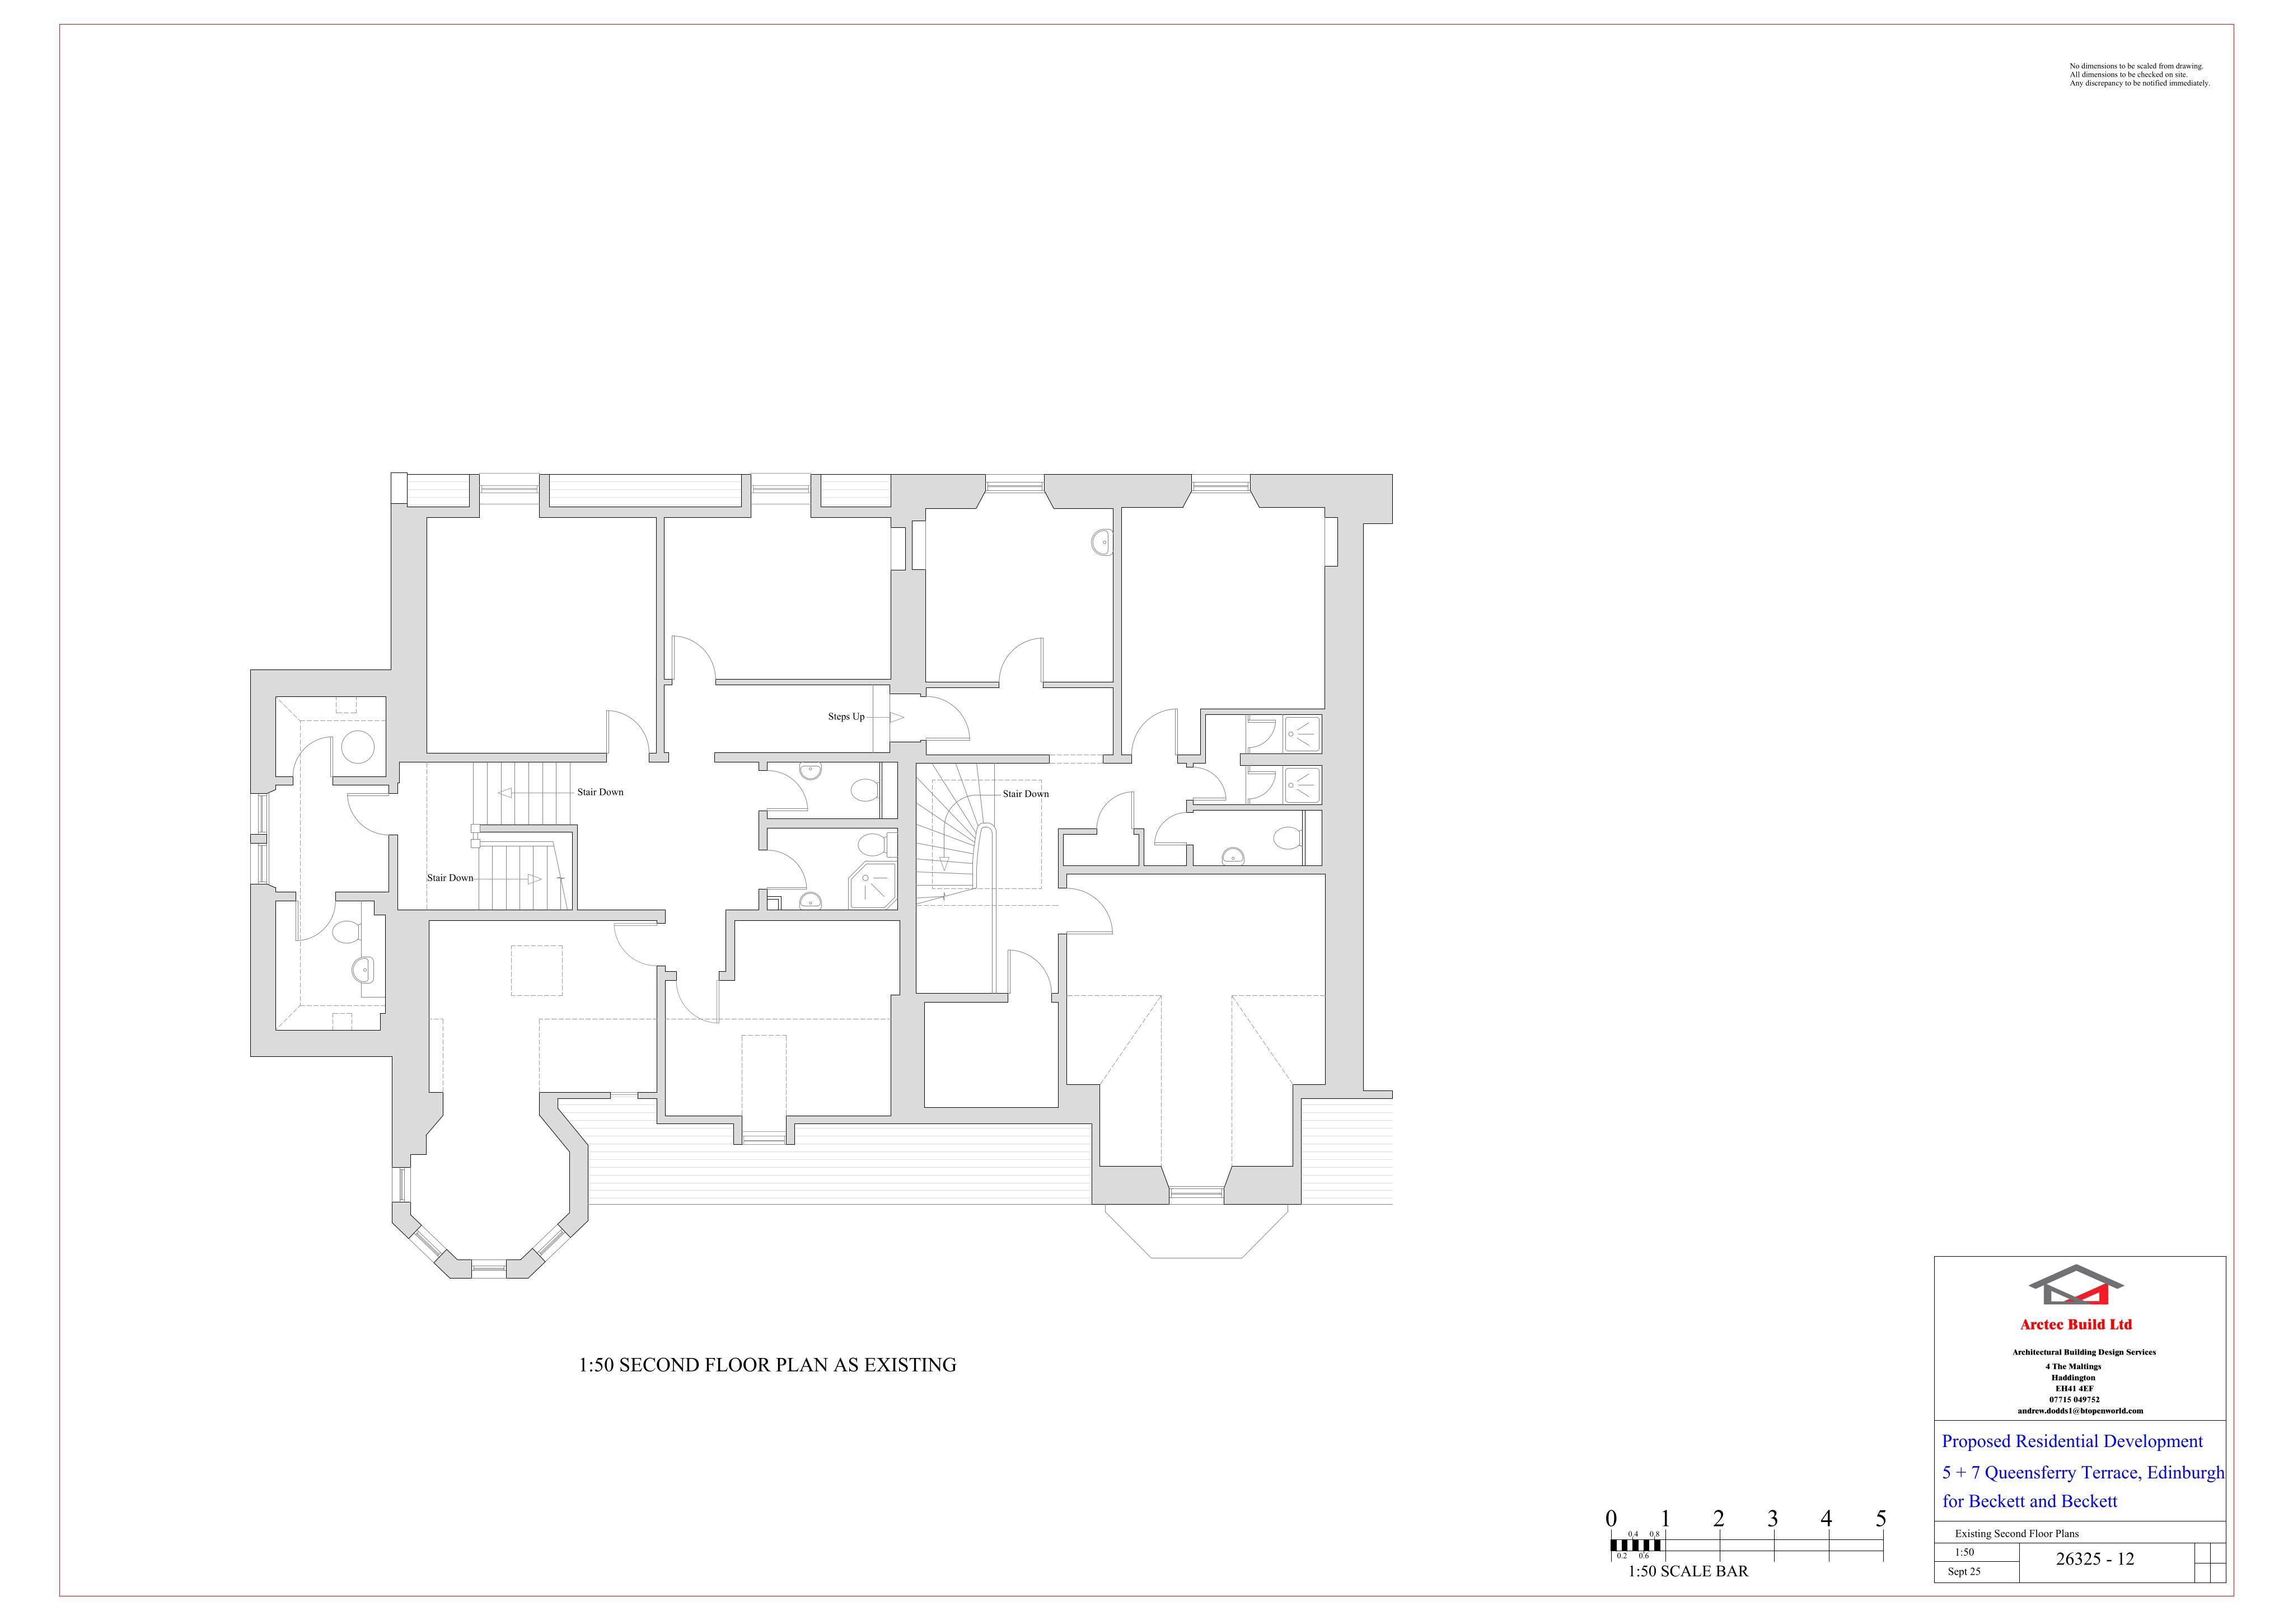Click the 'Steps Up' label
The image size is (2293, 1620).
(x=846, y=717)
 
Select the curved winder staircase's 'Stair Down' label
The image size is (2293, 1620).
(x=1026, y=794)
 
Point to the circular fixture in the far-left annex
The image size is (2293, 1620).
(x=358, y=747)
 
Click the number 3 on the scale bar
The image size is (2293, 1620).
(x=1773, y=1519)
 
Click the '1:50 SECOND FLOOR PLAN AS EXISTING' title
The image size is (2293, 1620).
(x=767, y=1365)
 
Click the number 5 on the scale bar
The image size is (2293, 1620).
(x=1880, y=1519)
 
